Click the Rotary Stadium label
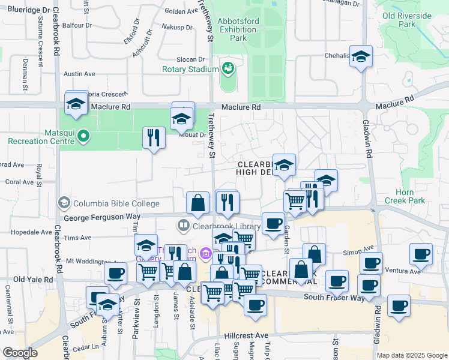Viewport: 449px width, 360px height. coord(190,69)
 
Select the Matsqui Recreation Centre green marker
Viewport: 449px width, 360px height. coord(83,137)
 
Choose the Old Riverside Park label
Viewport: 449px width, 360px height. coord(406,20)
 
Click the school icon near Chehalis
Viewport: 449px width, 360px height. coord(361,57)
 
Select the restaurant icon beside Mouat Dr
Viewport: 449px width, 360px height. coord(154,138)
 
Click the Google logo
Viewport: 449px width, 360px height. coord(20,353)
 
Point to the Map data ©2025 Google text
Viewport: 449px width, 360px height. coord(412,355)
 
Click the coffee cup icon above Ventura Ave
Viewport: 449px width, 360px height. coord(421,253)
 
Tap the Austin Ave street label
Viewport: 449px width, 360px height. coord(79,74)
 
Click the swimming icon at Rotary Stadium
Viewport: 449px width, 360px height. coord(228,68)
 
